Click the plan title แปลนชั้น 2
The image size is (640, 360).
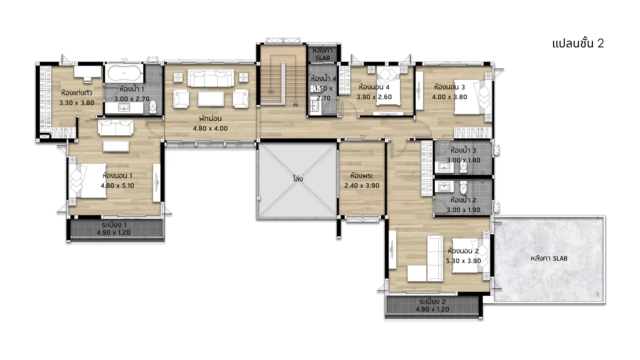578,43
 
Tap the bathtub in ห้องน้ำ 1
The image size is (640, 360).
124,73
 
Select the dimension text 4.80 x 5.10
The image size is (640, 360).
117,185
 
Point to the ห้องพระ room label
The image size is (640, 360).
362,176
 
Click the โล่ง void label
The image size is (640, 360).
298,179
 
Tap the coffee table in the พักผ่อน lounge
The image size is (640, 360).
211,99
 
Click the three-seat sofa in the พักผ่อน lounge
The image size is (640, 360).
210,78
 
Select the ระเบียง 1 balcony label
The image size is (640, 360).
114,225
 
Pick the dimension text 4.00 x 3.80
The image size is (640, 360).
450,97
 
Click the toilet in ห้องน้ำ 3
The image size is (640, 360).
463,166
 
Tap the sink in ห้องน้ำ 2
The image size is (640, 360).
444,187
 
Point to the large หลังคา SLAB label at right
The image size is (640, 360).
549,258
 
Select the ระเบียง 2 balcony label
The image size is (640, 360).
432,301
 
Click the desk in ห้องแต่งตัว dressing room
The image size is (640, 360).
87,72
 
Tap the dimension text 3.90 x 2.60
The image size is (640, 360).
374,97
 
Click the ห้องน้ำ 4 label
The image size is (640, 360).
324,78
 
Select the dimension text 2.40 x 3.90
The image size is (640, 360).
362,185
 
